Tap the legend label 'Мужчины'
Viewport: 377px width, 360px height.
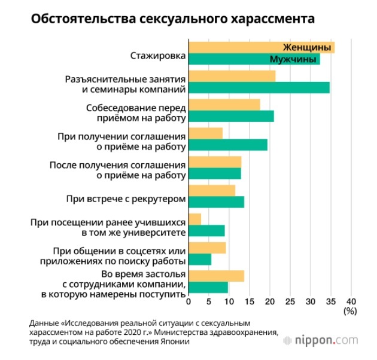point(294,60)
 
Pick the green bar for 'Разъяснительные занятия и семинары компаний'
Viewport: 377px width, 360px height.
point(259,88)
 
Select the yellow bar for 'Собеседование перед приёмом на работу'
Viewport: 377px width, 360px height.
point(224,105)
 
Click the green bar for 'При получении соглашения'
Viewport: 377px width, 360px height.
point(228,145)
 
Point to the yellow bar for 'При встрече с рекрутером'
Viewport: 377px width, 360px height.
point(212,190)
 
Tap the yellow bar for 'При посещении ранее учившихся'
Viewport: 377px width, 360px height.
point(195,219)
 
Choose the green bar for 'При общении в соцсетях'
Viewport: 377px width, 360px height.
point(200,259)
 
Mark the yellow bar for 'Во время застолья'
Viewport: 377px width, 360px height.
point(216,276)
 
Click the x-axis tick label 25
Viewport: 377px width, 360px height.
point(290,301)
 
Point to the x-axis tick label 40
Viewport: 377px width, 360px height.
point(351,301)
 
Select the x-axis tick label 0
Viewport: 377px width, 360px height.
point(188,301)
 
